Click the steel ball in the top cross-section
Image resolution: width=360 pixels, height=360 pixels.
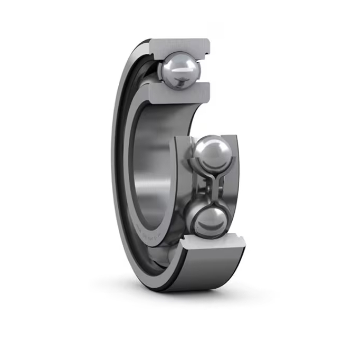180,70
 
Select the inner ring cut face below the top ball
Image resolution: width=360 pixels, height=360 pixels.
180,93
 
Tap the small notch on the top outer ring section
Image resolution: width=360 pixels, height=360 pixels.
207,51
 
